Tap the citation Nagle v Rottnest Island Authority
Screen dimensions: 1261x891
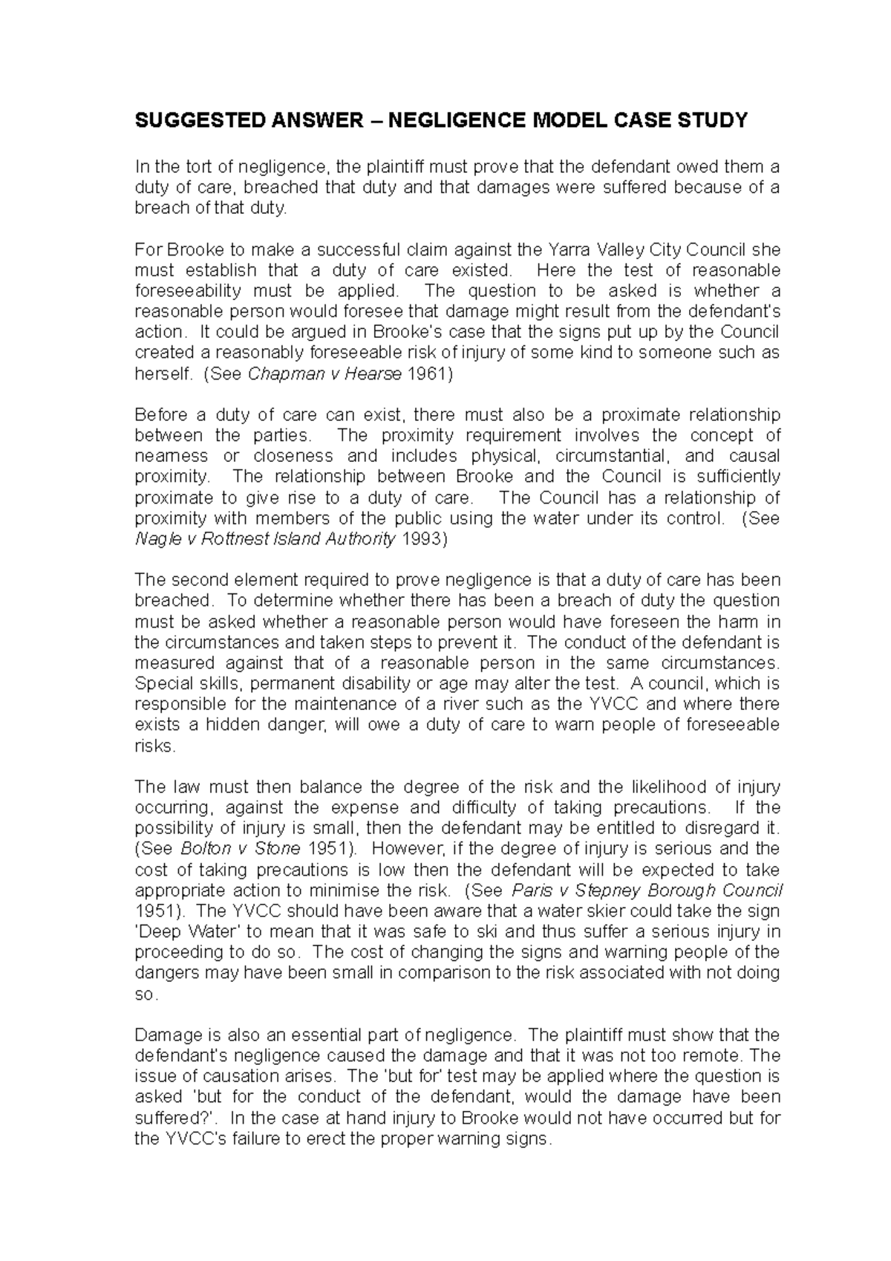click(x=265, y=539)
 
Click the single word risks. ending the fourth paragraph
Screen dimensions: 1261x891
click(x=154, y=746)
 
